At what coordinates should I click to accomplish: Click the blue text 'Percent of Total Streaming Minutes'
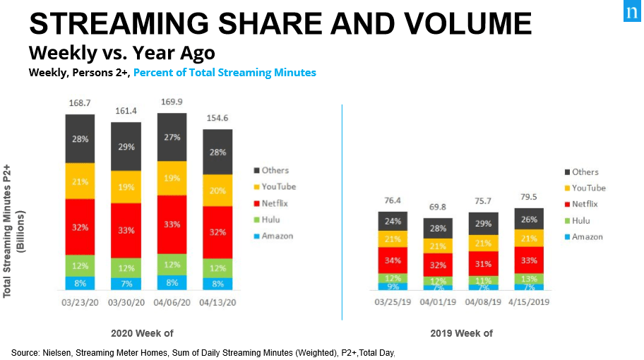click(x=225, y=72)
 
